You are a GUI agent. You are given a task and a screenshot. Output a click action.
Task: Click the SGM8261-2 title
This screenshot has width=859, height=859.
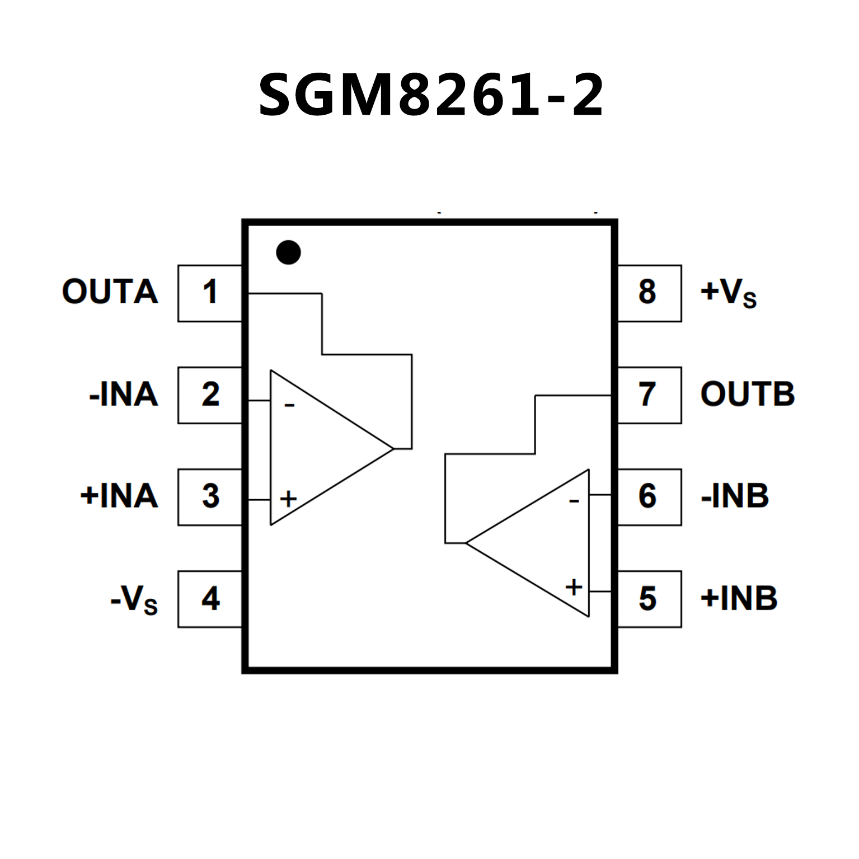(x=431, y=95)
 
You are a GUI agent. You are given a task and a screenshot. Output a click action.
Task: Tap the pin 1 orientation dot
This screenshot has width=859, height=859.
(x=288, y=252)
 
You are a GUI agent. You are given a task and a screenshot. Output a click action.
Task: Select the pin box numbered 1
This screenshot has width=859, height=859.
(x=210, y=293)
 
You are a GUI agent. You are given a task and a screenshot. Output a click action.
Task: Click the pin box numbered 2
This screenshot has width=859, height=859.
(x=210, y=395)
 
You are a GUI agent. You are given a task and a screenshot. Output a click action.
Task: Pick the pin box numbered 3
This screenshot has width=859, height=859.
(x=210, y=496)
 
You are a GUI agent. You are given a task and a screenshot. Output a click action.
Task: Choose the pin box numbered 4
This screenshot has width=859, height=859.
(x=210, y=598)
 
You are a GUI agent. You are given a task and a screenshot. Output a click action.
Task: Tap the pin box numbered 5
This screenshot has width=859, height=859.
(x=649, y=598)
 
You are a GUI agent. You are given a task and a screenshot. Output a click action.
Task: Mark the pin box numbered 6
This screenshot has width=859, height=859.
(x=649, y=496)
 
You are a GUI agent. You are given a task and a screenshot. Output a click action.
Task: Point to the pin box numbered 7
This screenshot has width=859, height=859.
(x=649, y=395)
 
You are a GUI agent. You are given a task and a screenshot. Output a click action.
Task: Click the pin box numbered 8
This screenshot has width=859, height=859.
(x=649, y=293)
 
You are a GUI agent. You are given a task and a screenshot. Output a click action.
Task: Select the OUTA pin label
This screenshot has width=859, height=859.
(x=110, y=292)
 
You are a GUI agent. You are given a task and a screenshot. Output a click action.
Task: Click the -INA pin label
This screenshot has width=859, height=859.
(x=124, y=395)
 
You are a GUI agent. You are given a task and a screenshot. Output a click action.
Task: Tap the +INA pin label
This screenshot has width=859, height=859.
(x=119, y=496)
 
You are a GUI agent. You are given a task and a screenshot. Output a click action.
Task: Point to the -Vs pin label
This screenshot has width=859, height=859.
(x=134, y=600)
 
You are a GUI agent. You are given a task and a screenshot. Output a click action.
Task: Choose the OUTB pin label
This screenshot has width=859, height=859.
(x=747, y=394)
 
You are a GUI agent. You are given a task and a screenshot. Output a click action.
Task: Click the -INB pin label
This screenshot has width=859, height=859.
(x=735, y=496)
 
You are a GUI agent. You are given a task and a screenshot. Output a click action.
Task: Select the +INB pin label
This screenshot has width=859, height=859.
(x=739, y=598)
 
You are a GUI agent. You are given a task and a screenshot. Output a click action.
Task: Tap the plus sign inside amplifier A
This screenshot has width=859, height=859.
(x=288, y=499)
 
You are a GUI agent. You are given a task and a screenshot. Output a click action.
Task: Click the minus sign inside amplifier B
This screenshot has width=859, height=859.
(x=574, y=501)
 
